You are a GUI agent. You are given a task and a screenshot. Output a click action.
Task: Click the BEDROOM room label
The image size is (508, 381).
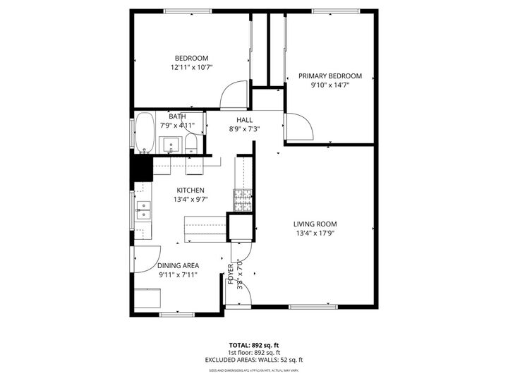point(191,58)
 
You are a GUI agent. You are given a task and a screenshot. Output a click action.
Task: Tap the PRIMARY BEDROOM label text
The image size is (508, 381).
point(329,75)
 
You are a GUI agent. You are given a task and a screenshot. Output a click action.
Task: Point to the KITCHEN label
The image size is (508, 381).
point(190,190)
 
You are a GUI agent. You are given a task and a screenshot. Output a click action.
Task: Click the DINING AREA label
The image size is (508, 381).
point(177,265)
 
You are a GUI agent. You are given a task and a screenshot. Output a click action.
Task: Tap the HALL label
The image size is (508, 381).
point(244,120)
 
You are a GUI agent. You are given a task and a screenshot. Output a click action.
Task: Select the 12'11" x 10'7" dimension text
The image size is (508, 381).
point(191,67)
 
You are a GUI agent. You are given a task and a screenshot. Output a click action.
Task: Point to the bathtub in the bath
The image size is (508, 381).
point(145,133)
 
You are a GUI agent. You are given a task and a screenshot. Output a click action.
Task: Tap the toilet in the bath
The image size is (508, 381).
point(190,145)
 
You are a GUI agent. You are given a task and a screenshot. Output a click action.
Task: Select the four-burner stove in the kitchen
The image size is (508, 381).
point(243,201)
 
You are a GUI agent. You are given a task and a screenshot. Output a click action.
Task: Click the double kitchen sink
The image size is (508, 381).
point(143,210)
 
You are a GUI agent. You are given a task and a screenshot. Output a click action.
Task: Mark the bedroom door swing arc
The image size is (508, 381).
point(234,95)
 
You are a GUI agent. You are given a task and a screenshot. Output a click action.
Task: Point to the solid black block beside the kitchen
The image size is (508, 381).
point(142,169)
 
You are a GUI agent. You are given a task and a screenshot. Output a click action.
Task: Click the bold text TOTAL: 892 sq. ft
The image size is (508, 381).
point(253,345)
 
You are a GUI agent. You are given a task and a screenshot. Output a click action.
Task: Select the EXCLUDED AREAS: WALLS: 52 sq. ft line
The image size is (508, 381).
point(253,360)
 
